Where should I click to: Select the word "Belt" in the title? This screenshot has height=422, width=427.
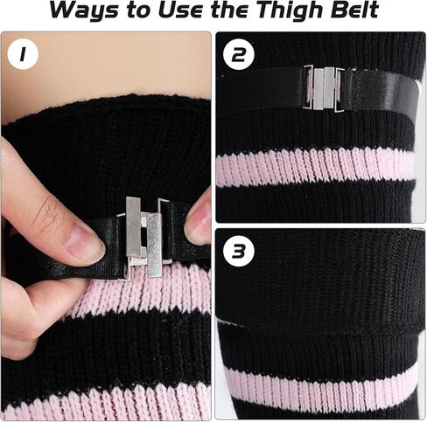point(352,12)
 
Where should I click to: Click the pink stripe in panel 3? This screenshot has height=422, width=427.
point(315,382)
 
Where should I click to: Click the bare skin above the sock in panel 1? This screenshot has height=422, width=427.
point(105,70)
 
